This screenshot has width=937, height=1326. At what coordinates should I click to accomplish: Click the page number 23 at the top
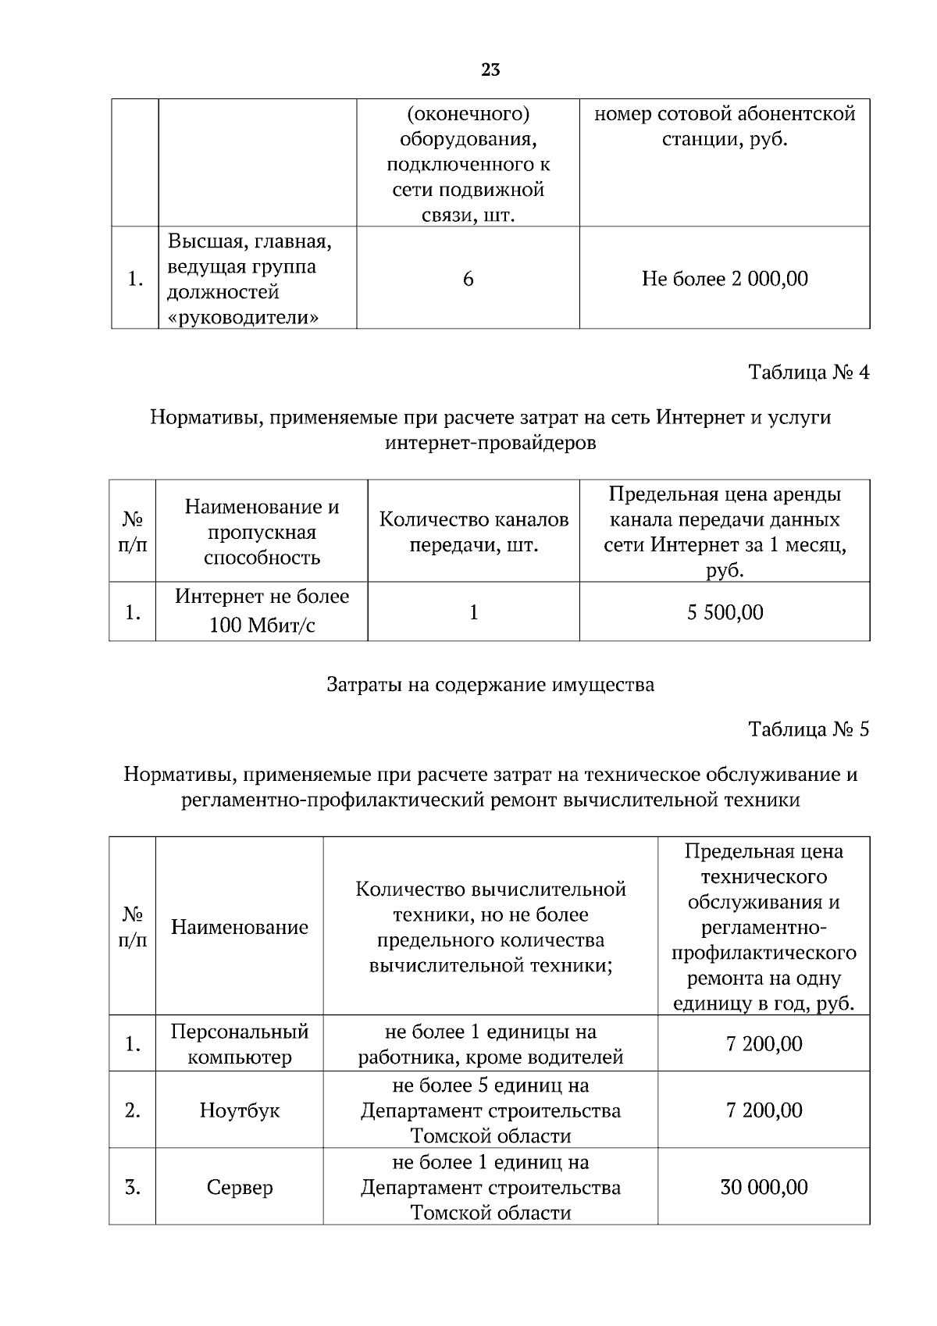click(x=490, y=70)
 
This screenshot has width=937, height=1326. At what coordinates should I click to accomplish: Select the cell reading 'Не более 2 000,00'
click(x=725, y=279)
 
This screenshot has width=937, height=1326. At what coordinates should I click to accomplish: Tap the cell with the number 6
click(x=468, y=279)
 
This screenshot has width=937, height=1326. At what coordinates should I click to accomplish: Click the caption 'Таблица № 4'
click(x=808, y=372)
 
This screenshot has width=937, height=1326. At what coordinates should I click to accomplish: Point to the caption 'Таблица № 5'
click(x=808, y=729)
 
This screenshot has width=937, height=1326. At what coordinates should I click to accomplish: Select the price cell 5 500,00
click(x=725, y=612)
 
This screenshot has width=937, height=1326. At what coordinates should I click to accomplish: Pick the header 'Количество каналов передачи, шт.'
click(x=474, y=532)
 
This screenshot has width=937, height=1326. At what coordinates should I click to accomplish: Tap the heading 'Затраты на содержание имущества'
click(x=490, y=686)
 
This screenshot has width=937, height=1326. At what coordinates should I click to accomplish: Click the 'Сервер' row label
click(x=240, y=1188)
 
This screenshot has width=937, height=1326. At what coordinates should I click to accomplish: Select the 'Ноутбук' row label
click(x=240, y=1110)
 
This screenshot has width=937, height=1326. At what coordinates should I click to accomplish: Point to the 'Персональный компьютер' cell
click(x=240, y=1044)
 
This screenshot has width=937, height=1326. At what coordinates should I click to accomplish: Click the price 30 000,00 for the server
click(x=764, y=1188)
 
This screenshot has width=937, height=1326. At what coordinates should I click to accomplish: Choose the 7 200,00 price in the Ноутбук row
click(x=764, y=1110)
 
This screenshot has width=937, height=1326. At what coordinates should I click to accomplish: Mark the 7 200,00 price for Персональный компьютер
click(x=764, y=1044)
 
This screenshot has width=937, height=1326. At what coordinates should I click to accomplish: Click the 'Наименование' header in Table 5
click(x=240, y=928)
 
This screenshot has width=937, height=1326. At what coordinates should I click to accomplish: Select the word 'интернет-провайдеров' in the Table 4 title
click(x=490, y=444)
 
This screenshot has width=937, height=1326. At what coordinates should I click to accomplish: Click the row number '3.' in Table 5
click(x=133, y=1188)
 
